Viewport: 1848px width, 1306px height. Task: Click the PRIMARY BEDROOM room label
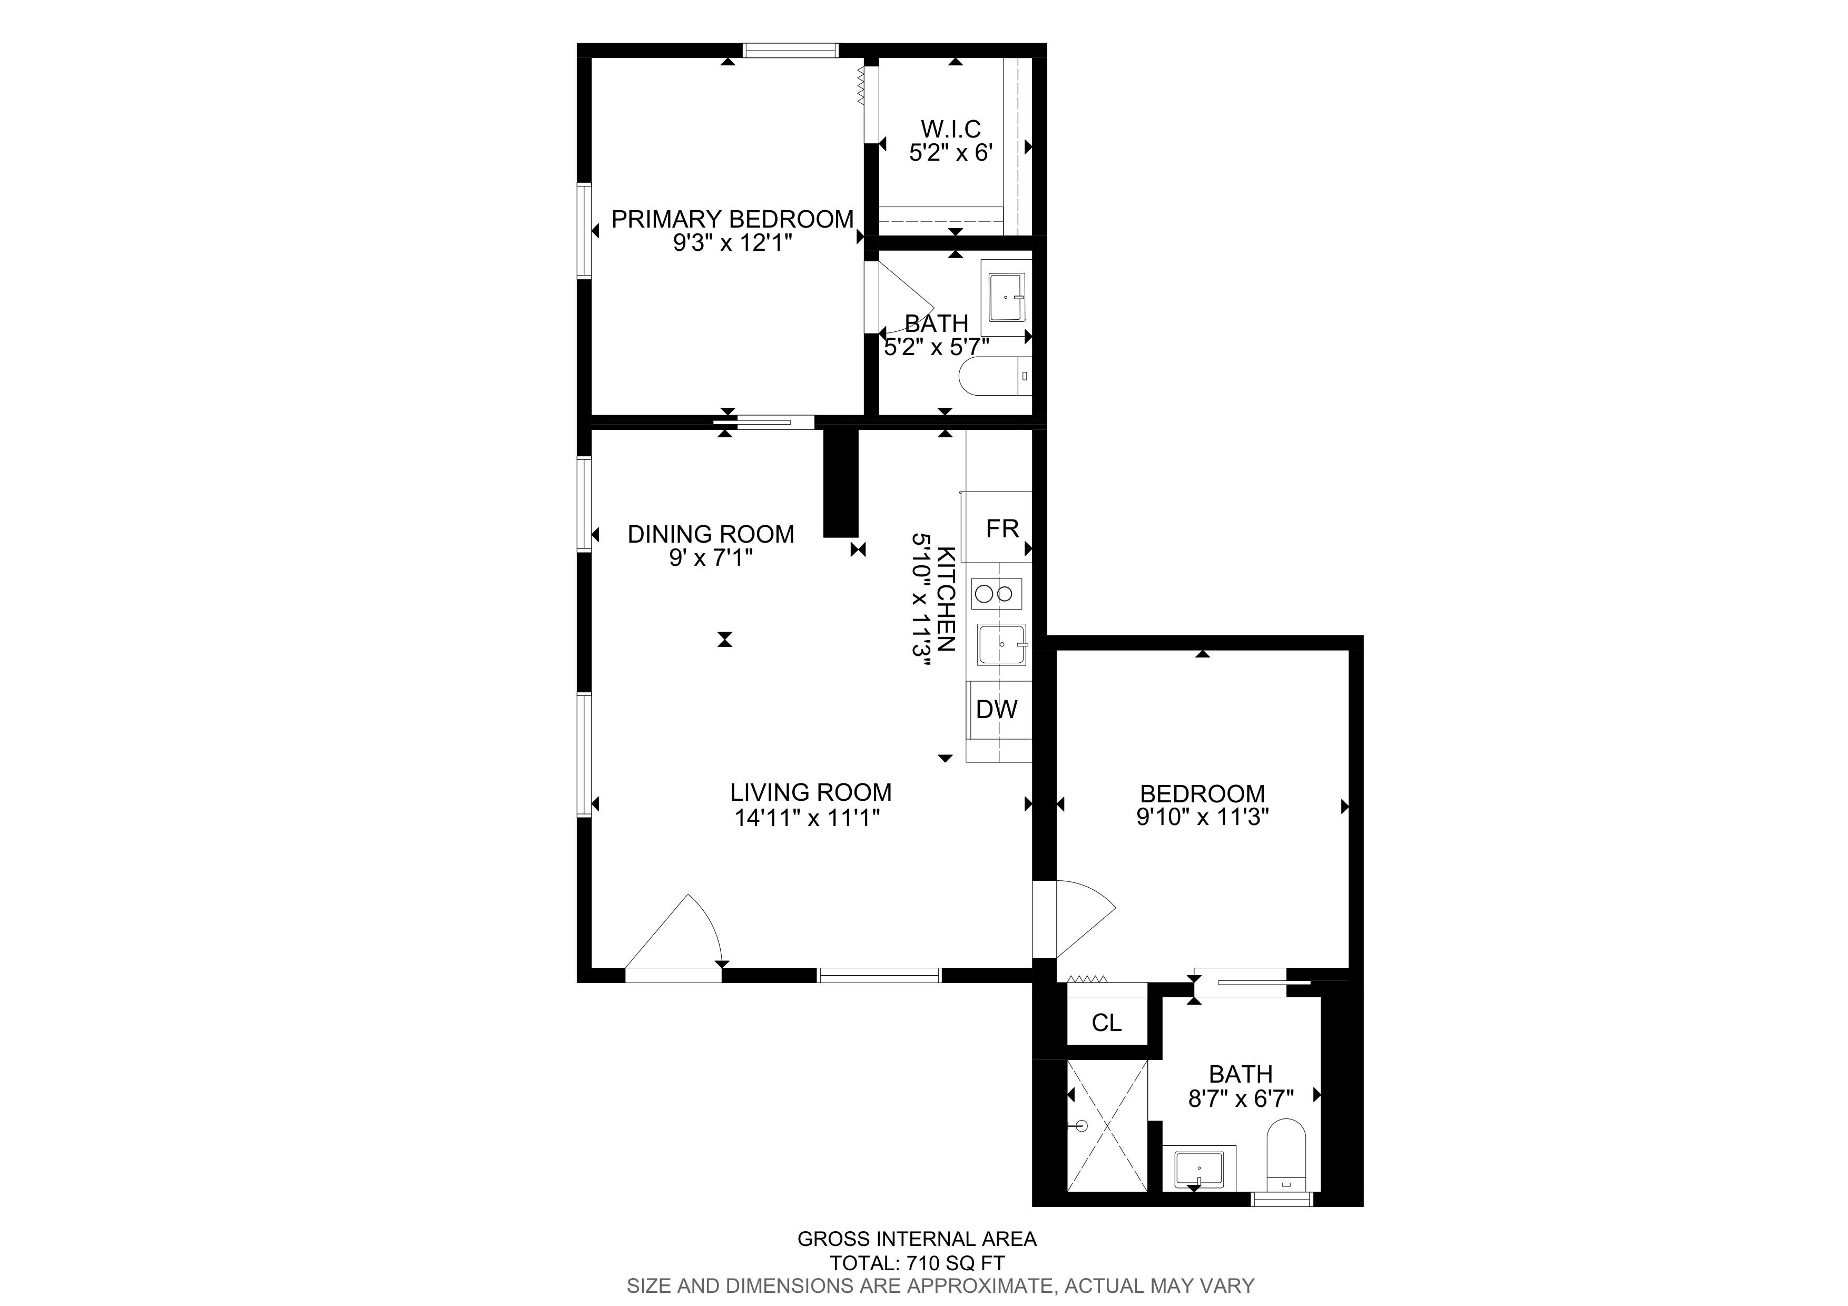click(732, 219)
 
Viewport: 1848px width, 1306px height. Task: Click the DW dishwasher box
click(999, 709)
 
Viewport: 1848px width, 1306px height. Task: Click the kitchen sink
click(1002, 644)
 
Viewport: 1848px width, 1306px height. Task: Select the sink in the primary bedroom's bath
click(1006, 298)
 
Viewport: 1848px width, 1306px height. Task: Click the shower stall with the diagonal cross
click(1107, 1125)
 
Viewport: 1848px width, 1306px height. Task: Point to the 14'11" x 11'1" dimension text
click(807, 818)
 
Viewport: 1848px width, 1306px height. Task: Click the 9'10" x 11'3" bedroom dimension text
click(1203, 818)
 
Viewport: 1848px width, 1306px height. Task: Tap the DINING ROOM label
click(711, 534)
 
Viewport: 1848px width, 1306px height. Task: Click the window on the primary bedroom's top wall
click(790, 50)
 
